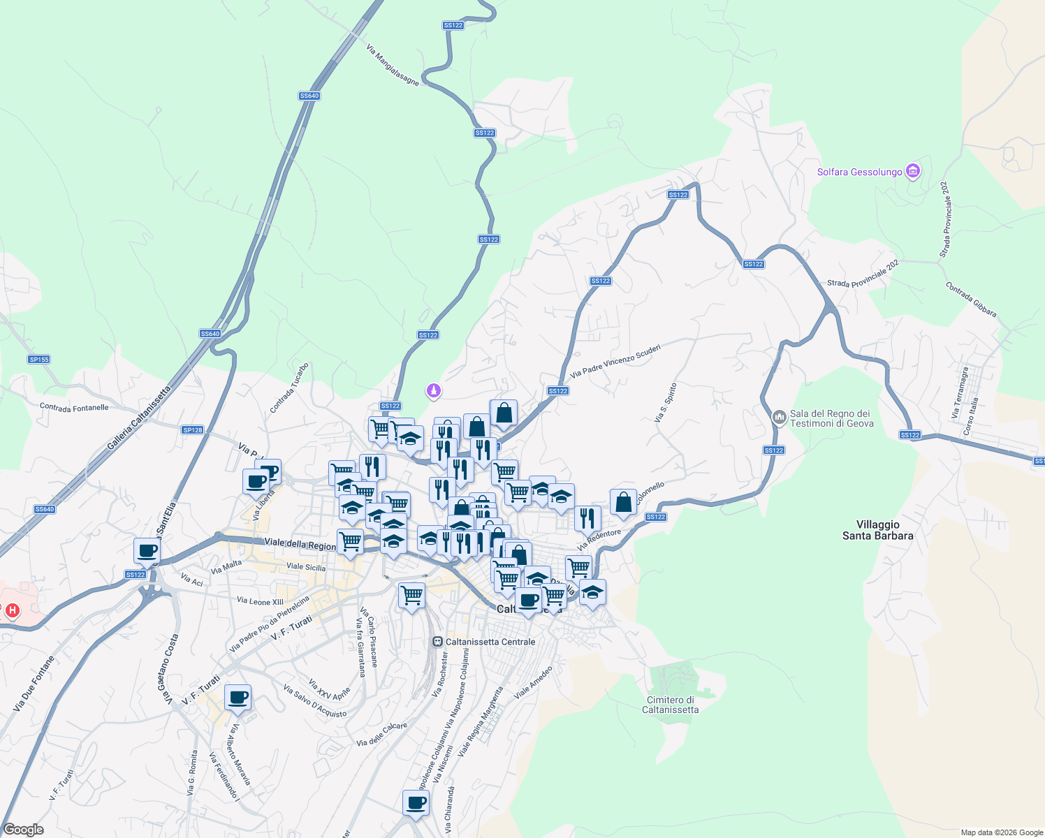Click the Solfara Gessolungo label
[x=859, y=172]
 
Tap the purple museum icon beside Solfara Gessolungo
[x=912, y=171]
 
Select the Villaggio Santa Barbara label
[x=877, y=530]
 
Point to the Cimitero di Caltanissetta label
[x=670, y=705]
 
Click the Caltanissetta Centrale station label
[x=490, y=642]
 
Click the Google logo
[x=23, y=830]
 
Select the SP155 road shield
[x=39, y=360]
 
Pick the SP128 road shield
[x=193, y=430]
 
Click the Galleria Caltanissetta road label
[x=139, y=418]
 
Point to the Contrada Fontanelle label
[x=74, y=407]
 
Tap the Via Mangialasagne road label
[x=393, y=66]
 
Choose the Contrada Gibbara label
[x=971, y=300]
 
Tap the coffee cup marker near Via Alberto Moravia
[x=237, y=697]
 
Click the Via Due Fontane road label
[x=34, y=684]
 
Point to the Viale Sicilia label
[x=306, y=567]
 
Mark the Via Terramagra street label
[x=959, y=393]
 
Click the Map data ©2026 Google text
[x=1001, y=832]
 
